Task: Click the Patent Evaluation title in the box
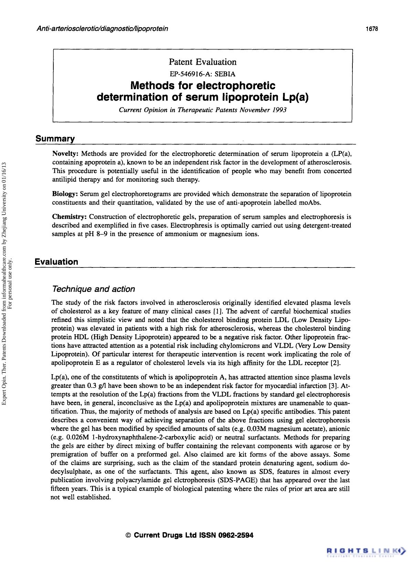(203, 62)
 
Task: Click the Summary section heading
(55, 139)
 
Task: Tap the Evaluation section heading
(56, 262)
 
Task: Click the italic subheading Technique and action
(93, 289)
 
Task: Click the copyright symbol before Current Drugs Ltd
(128, 536)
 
